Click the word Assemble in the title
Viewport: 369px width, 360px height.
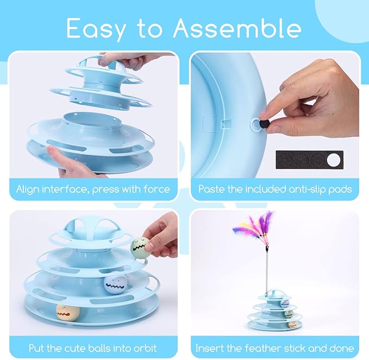[x=237, y=28]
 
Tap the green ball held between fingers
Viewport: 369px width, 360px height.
[x=140, y=247]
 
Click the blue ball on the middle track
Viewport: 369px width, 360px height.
[x=113, y=284]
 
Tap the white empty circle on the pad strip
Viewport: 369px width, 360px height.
[x=334, y=160]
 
